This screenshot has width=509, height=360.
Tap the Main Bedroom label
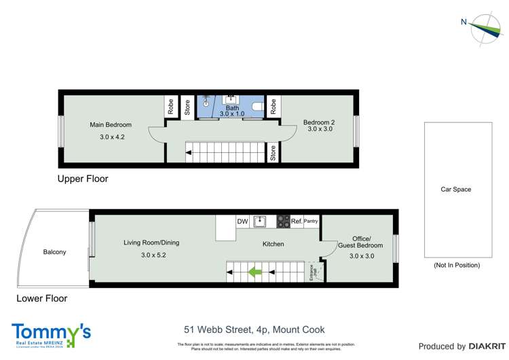coord(111,125)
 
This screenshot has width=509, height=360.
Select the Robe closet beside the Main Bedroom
coord(171,107)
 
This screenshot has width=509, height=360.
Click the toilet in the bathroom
coord(257,108)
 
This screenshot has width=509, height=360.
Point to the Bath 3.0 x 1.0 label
coord(232,111)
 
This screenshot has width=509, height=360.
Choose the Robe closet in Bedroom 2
coord(273,107)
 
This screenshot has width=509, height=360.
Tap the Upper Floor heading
coord(83,179)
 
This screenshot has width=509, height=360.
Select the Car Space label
coord(455,190)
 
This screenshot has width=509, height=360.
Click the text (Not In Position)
coord(455,265)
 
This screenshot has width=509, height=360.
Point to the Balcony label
coord(54,252)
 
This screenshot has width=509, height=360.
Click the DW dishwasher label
coord(242,221)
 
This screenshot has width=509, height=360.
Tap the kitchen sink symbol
coord(261,221)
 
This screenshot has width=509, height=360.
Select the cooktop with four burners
coord(283,221)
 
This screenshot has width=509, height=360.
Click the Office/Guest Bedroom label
coord(367,242)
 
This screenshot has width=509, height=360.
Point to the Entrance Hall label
coord(314,272)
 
